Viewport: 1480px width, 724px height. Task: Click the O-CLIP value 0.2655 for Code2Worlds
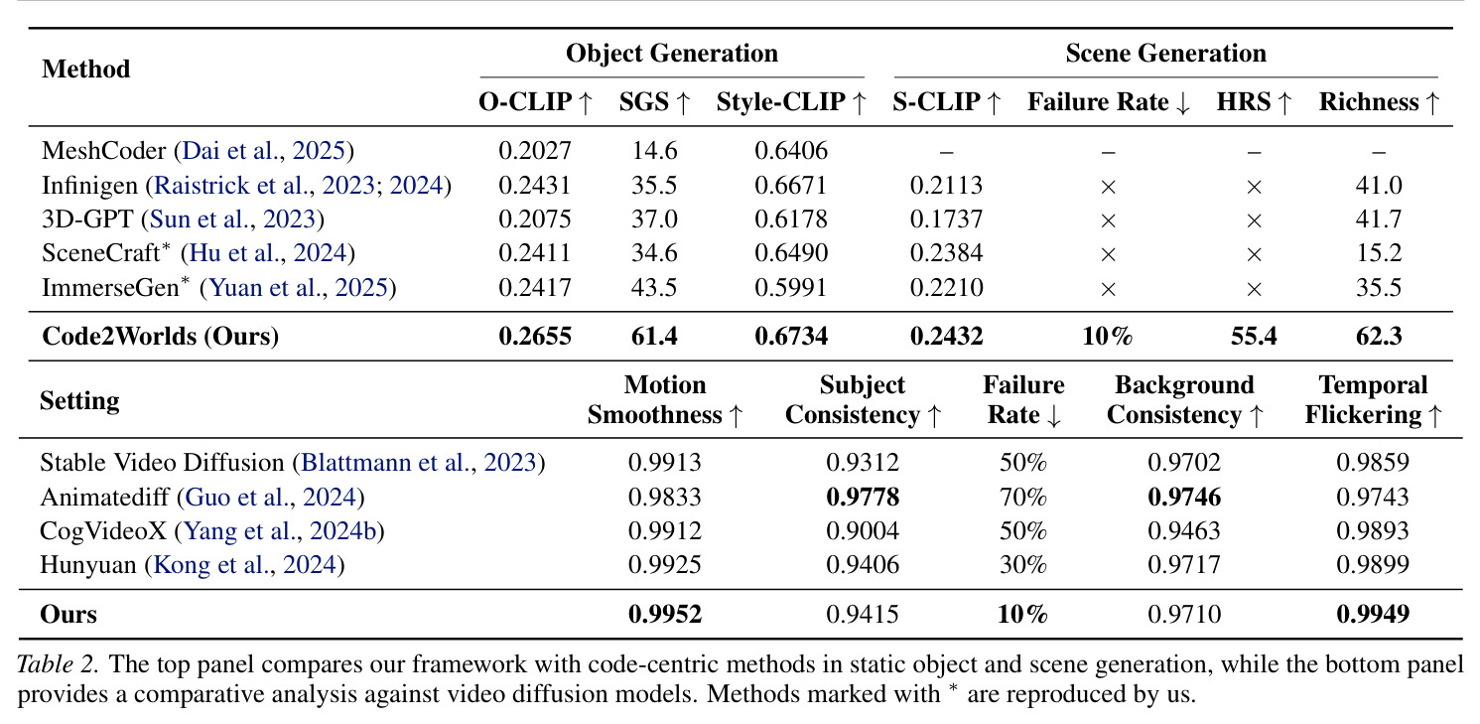[534, 336]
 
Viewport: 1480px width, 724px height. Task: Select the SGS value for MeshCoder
[654, 150]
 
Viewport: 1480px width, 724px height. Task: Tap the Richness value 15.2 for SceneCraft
[1378, 252]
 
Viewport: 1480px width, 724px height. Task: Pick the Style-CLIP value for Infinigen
[791, 185]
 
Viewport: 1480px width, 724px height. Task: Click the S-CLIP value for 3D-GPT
[946, 218]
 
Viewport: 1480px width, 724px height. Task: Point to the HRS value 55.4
[1254, 336]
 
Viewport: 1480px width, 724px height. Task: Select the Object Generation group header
[672, 53]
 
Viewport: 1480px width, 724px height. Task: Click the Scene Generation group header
[1165, 53]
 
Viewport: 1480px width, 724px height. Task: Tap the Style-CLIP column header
[791, 102]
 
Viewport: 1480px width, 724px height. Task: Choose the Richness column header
[1379, 102]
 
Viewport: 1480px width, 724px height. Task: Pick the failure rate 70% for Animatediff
[1022, 497]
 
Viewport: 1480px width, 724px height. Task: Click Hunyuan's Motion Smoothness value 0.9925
[664, 565]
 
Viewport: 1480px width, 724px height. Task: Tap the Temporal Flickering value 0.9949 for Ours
[1373, 614]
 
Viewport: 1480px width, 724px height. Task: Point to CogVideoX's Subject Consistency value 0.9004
[863, 530]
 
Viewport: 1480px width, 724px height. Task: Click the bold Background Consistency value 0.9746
[1184, 497]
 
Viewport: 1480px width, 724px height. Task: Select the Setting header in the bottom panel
[79, 400]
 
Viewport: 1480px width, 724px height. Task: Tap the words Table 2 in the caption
[58, 663]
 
